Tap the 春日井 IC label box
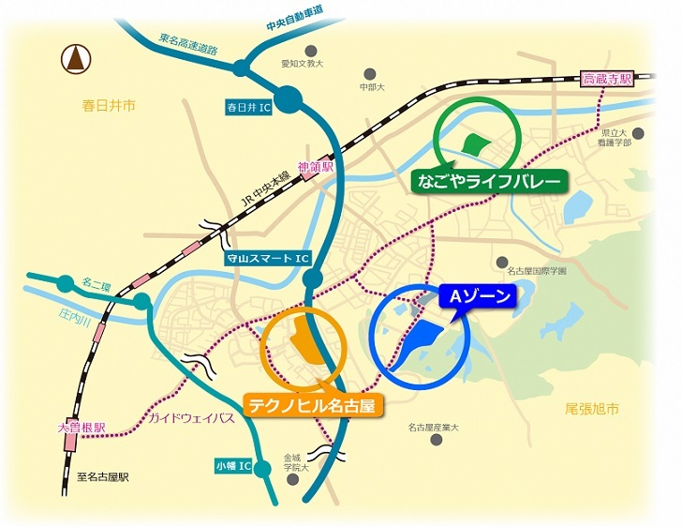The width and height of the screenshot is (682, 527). click(x=248, y=108)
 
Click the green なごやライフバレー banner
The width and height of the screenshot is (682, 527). click(x=490, y=180)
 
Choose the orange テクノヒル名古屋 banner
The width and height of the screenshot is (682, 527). click(x=315, y=405)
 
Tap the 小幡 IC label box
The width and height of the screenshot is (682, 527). click(x=232, y=464)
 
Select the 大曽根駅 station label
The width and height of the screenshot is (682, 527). click(x=82, y=428)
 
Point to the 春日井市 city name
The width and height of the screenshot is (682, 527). click(x=109, y=106)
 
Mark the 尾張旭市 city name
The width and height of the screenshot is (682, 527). click(x=593, y=409)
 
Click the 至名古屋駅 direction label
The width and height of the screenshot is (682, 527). click(x=103, y=477)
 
